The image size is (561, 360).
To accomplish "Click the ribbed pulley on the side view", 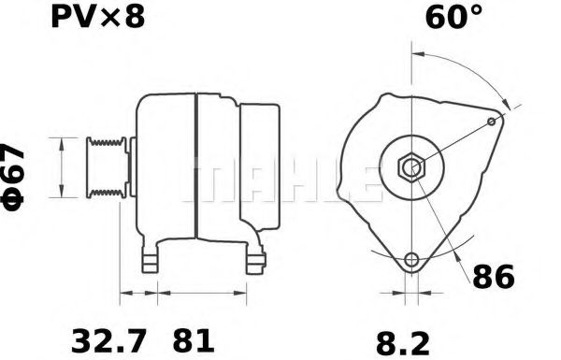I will click(108, 167).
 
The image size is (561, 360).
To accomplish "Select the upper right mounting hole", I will click(493, 122).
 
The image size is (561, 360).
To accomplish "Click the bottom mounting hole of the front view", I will click(410, 260).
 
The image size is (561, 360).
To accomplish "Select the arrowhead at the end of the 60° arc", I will click(505, 104).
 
